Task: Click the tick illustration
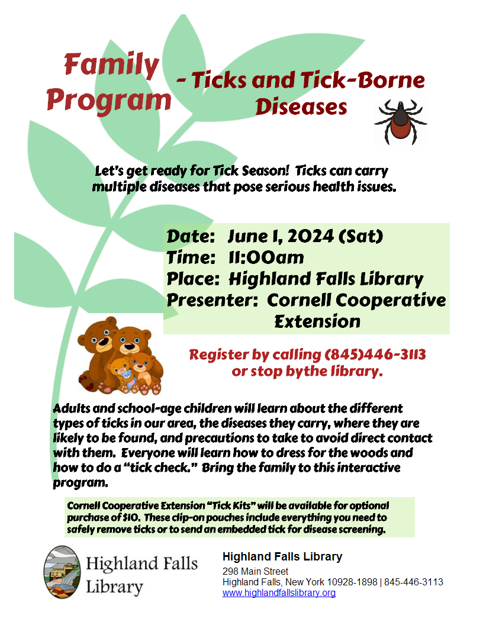(400, 121)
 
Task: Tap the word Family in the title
(112, 65)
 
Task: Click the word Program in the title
(109, 100)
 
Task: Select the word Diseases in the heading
(301, 107)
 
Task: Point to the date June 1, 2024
(281, 236)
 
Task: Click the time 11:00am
(266, 257)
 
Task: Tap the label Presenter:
(213, 300)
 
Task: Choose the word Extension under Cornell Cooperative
(317, 321)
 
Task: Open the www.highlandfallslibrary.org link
(279, 592)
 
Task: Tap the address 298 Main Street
(255, 571)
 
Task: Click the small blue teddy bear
(126, 376)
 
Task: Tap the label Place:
(194, 279)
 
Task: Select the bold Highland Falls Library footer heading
(282, 556)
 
